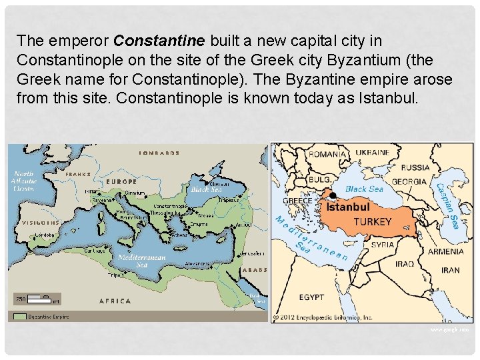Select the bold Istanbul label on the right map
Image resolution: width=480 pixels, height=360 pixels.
347,207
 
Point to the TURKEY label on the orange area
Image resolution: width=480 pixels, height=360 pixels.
372,221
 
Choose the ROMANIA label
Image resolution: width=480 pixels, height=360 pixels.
327,154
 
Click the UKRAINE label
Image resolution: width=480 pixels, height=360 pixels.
373,152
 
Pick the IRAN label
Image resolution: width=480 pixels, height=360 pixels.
450,270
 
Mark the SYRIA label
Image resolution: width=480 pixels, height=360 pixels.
383,245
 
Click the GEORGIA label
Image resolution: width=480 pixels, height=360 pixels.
409,181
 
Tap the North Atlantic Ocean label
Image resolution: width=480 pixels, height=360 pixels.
23,181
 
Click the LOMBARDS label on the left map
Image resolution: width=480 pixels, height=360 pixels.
159,153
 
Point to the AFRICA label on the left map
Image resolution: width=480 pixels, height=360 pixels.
115,301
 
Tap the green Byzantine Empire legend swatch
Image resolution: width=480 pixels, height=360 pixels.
19,317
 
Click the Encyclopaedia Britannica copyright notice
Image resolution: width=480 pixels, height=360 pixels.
326,317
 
